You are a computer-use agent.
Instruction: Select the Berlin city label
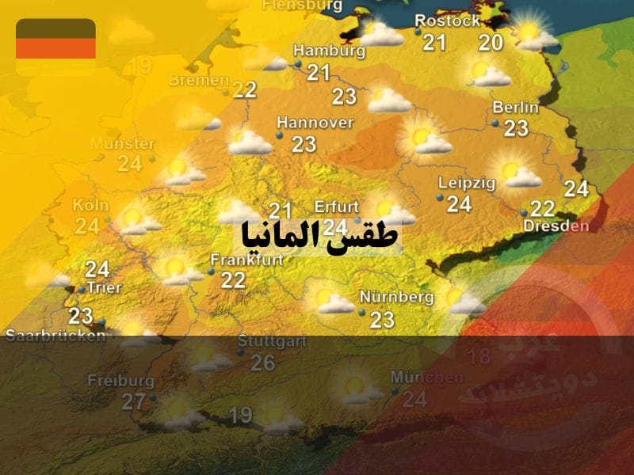tap(515, 108)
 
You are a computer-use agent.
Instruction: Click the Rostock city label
tap(448, 21)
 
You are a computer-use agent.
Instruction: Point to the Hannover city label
tap(315, 123)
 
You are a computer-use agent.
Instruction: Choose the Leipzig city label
tap(467, 184)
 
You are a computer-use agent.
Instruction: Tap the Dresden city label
tap(556, 226)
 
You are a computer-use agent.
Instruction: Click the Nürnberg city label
tap(397, 298)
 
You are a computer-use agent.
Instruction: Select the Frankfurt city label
tap(246, 260)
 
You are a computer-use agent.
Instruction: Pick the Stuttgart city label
tap(272, 341)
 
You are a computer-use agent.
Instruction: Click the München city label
tap(426, 378)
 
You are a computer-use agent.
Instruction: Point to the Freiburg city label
tap(120, 381)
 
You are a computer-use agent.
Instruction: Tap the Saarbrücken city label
tap(55, 336)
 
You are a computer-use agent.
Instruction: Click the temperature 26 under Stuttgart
tap(262, 363)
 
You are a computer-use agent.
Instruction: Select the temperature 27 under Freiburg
tap(134, 402)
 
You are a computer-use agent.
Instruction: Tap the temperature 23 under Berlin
tap(516, 128)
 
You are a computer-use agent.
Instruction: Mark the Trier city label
tap(104, 287)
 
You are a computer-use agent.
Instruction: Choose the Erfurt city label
tap(337, 207)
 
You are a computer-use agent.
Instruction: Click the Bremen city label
tap(199, 81)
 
